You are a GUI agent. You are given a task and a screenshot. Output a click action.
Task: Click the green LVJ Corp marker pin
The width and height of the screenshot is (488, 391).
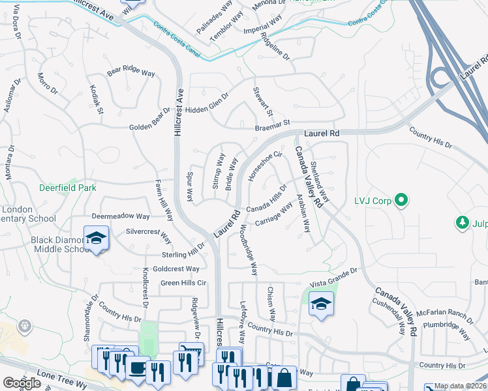(x=401, y=200)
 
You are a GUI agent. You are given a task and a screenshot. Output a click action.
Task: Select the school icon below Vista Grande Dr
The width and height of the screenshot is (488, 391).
(x=321, y=304)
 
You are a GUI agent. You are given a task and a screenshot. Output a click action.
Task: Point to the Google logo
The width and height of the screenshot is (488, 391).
(x=22, y=383)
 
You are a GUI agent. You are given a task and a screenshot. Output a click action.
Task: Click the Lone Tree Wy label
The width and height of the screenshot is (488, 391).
(x=63, y=379)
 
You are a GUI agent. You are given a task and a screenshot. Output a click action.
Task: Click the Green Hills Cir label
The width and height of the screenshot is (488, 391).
(x=183, y=283)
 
